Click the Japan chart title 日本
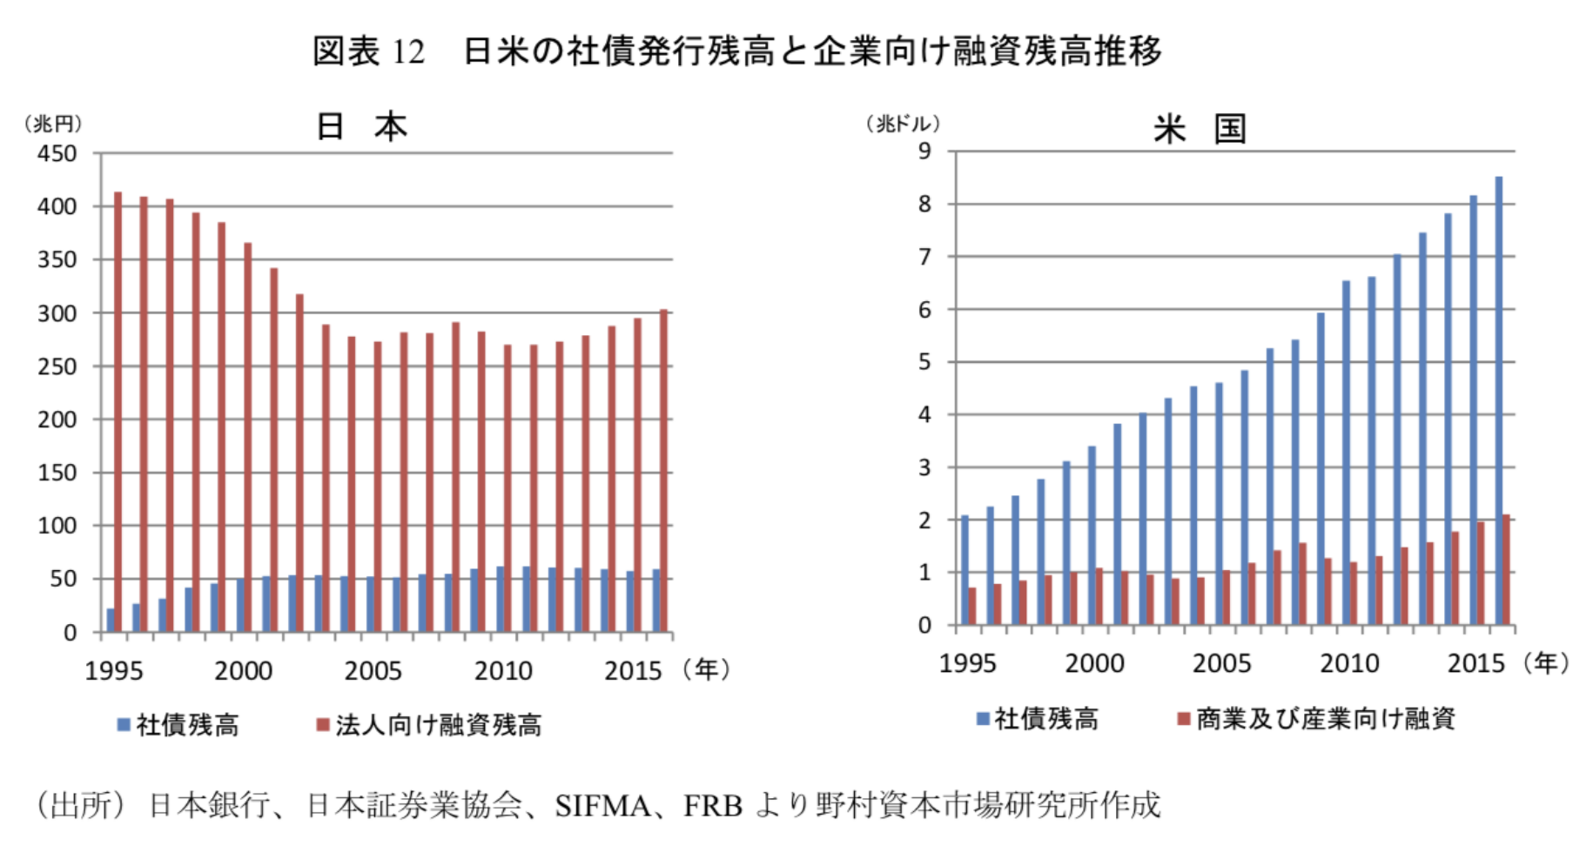click(361, 127)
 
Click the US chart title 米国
click(1200, 129)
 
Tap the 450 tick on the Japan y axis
click(57, 154)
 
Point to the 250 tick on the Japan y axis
click(57, 366)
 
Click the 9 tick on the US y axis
click(924, 151)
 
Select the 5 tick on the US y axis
click(924, 362)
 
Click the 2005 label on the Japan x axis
click(373, 671)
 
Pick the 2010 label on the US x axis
click(1349, 664)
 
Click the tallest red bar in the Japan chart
click(118, 409)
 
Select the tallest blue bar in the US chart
click(1498, 400)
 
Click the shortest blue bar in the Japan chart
click(111, 620)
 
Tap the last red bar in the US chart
click(1506, 570)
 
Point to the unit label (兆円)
click(53, 124)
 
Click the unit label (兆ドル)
click(903, 124)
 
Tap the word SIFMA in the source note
click(602, 806)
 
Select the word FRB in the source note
click(712, 806)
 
